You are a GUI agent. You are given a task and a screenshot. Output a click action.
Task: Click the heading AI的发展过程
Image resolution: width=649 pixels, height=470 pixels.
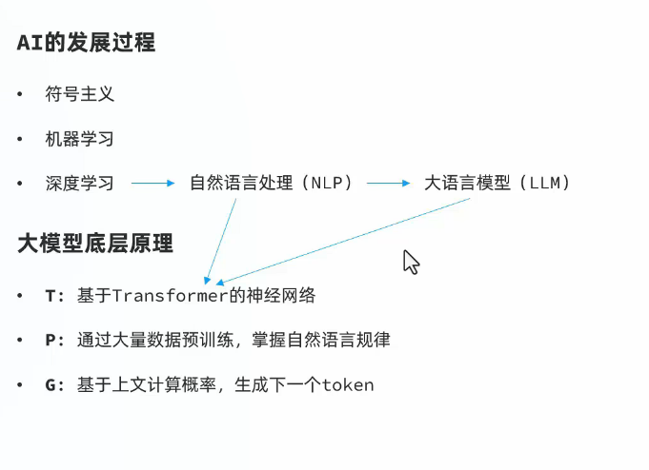click(86, 43)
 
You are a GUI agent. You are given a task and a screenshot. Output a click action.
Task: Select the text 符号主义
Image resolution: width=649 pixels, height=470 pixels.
click(79, 94)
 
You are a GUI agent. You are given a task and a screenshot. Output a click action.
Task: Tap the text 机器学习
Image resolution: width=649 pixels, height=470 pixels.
click(79, 139)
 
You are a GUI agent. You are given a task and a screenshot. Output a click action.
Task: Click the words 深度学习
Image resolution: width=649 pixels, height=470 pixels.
click(79, 183)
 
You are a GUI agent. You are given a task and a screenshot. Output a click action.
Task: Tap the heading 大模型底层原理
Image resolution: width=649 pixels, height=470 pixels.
click(95, 244)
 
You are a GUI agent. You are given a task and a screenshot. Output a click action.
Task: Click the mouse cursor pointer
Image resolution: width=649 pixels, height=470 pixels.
click(411, 262)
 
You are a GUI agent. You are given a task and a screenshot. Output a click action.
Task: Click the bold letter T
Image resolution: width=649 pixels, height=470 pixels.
click(51, 296)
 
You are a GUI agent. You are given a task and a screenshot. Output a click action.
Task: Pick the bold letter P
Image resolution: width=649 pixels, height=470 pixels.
click(51, 341)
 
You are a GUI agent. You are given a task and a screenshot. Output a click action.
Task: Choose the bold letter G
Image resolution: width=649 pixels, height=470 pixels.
click(51, 385)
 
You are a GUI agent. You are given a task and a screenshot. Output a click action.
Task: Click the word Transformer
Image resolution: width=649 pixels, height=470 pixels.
click(170, 296)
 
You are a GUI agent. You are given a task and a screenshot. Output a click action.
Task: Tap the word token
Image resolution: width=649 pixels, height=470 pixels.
click(348, 385)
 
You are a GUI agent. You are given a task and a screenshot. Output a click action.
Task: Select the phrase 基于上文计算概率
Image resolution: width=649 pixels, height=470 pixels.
click(145, 385)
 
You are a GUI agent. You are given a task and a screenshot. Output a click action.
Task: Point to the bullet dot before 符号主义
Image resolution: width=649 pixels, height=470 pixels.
click(20, 95)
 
